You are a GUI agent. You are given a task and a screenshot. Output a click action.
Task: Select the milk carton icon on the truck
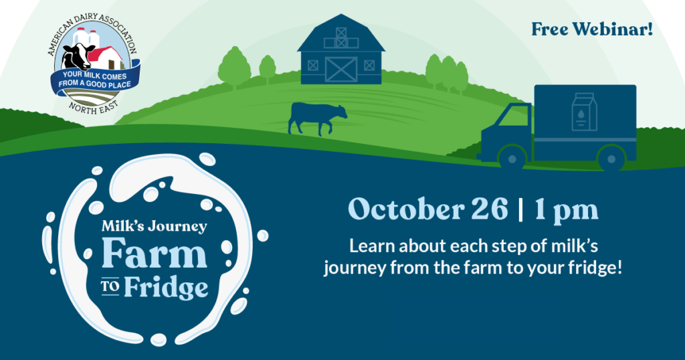[585, 112]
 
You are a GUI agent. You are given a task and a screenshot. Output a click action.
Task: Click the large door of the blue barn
[341, 69]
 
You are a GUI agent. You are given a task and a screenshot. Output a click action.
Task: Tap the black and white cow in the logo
[77, 56]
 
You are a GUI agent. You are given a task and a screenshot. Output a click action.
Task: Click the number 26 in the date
[489, 209]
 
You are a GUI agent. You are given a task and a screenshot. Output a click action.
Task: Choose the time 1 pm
[566, 211]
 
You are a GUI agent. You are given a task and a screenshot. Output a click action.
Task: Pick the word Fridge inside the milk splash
[166, 288]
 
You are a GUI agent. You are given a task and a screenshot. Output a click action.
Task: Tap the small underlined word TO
[110, 287]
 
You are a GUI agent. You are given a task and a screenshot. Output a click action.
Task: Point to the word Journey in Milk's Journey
[177, 226]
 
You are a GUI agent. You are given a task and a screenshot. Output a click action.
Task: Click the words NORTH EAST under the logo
[93, 108]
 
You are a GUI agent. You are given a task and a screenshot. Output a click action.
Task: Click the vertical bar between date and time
[520, 210]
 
